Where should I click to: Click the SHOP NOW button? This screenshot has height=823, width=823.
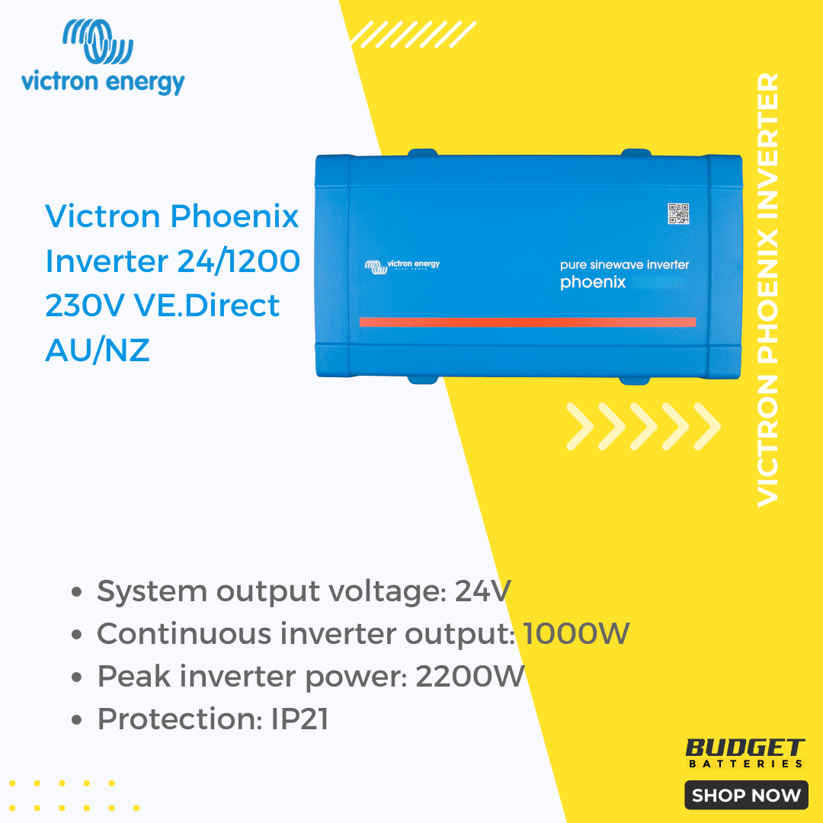coord(746,795)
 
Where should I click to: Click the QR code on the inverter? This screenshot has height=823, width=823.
coord(678,213)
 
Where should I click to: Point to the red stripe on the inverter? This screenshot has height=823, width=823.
coord(527,322)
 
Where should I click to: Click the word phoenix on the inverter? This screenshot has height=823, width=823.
coord(593,283)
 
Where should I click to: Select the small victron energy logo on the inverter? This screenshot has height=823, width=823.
coord(402,266)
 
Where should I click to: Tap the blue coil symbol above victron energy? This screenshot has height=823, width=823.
coord(98,41)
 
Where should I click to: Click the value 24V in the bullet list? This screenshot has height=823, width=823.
coord(482,591)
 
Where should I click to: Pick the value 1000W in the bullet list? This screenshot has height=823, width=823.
coord(576,633)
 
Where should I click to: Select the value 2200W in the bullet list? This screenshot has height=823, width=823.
coord(469,676)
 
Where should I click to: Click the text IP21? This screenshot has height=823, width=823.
coord(299,719)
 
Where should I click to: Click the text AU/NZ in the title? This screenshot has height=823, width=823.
coord(98,350)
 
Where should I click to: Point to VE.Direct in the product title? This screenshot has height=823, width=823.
coord(207,306)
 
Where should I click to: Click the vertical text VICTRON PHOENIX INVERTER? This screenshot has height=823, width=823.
coord(767,290)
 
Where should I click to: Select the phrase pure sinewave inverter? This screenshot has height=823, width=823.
coord(624,264)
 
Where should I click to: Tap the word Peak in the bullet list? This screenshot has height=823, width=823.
coord(134,676)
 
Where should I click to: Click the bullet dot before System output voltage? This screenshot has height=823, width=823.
coord(77,592)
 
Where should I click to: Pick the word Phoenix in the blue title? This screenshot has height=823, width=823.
coord(235,216)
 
